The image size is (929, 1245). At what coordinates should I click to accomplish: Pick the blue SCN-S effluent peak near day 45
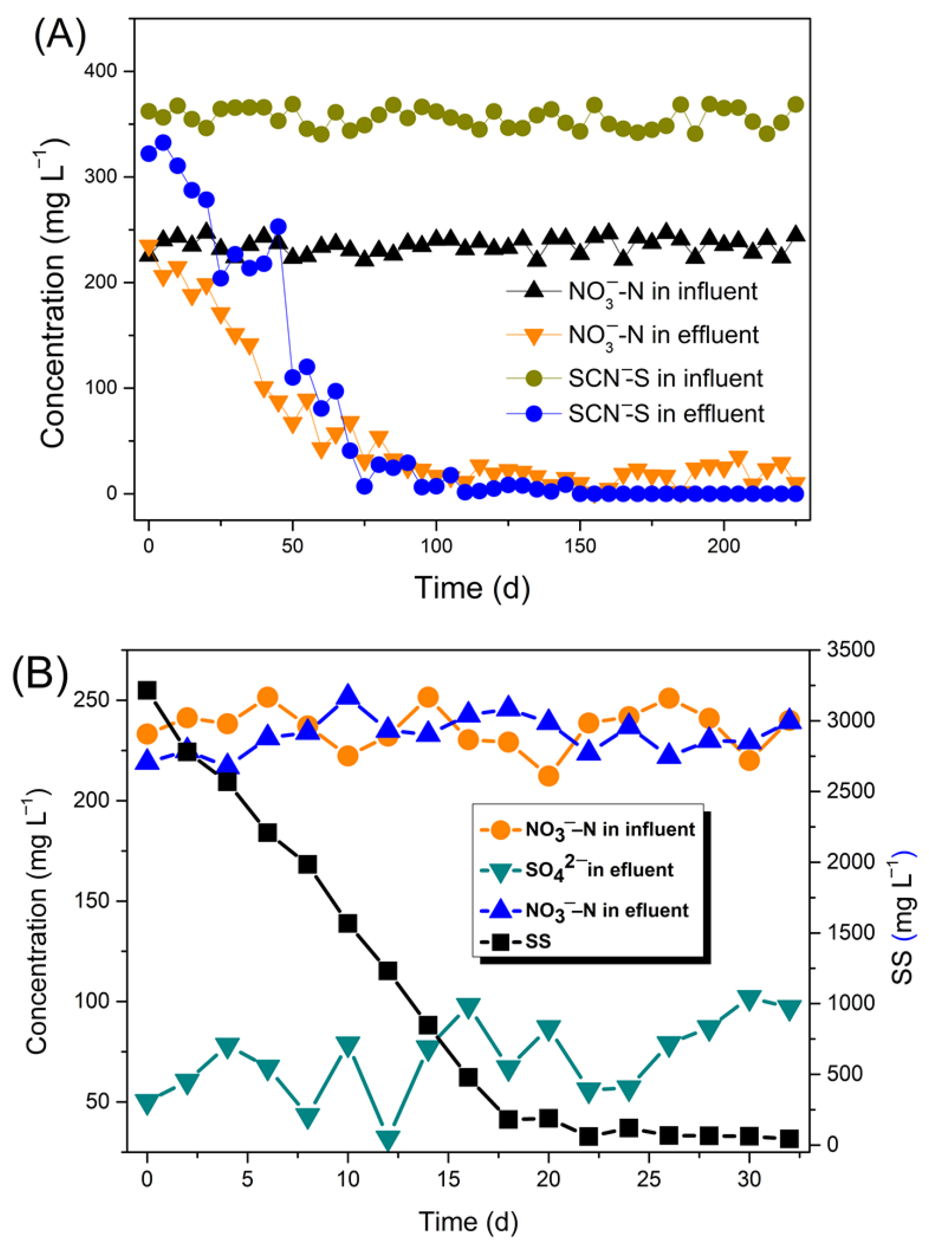pyautogui.click(x=278, y=227)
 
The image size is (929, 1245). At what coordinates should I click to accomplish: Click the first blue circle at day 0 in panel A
pyautogui.click(x=149, y=153)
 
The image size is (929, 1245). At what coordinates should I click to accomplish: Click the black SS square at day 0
pyautogui.click(x=147, y=690)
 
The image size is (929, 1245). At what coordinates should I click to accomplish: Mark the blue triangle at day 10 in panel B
pyautogui.click(x=348, y=695)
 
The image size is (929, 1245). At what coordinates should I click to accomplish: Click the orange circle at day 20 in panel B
pyautogui.click(x=549, y=776)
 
